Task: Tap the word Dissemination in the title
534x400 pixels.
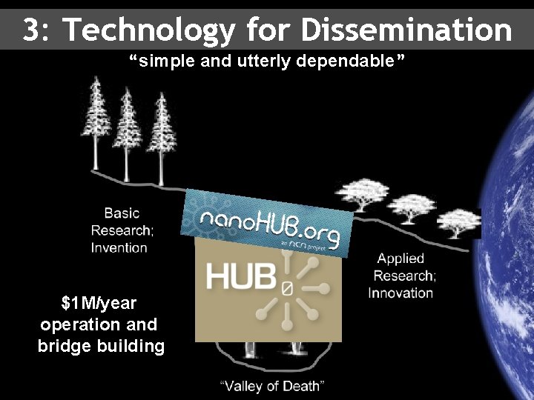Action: (407, 30)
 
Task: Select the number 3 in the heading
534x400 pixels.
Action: (30, 30)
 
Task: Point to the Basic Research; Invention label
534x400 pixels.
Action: (119, 230)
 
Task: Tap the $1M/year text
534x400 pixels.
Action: (99, 303)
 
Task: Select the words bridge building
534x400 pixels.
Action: (101, 346)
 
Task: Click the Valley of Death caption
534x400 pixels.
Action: (272, 385)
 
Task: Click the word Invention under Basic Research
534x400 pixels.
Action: (119, 247)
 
